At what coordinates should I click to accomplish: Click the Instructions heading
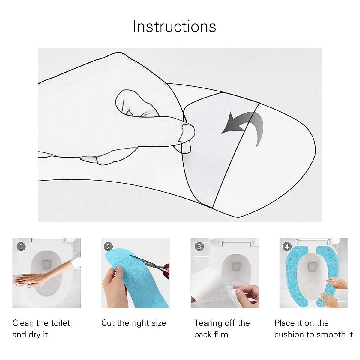pos(174,26)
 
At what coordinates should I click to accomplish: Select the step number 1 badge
pos(21,247)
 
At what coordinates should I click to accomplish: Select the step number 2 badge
pos(108,247)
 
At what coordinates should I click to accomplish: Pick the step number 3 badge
pos(199,247)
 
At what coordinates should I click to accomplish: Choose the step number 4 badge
pos(287,247)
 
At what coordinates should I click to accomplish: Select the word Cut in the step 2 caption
pos(108,323)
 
